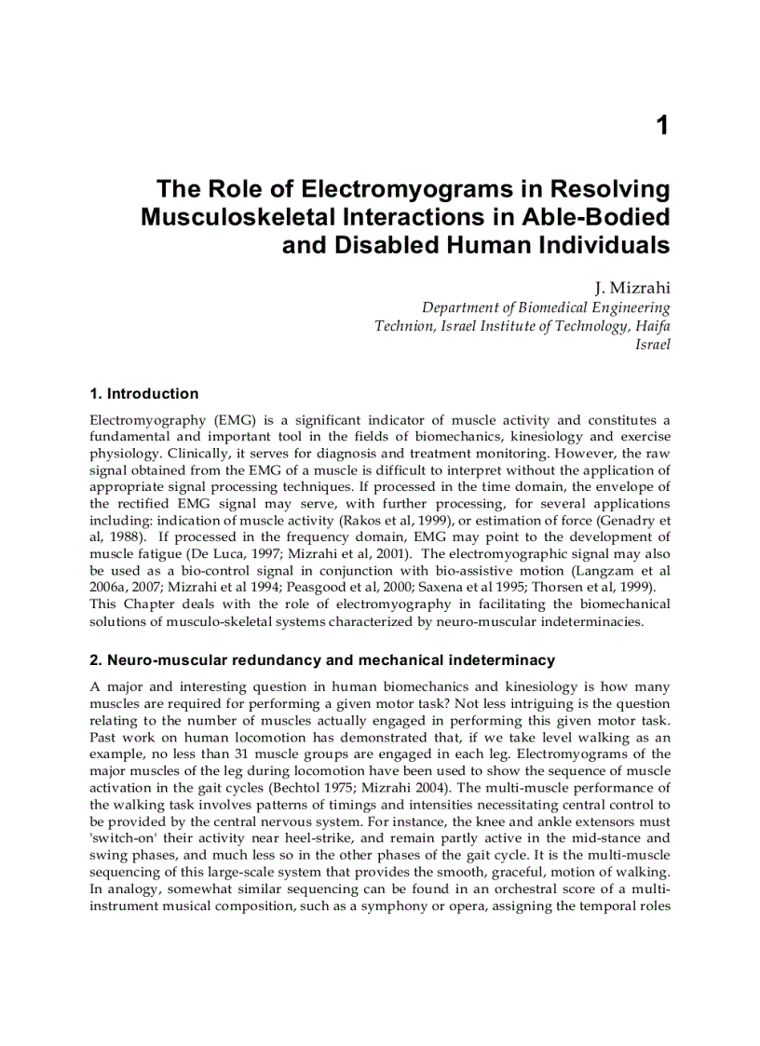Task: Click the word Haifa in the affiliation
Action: [x=652, y=325]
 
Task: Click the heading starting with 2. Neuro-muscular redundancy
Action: [x=321, y=659]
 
